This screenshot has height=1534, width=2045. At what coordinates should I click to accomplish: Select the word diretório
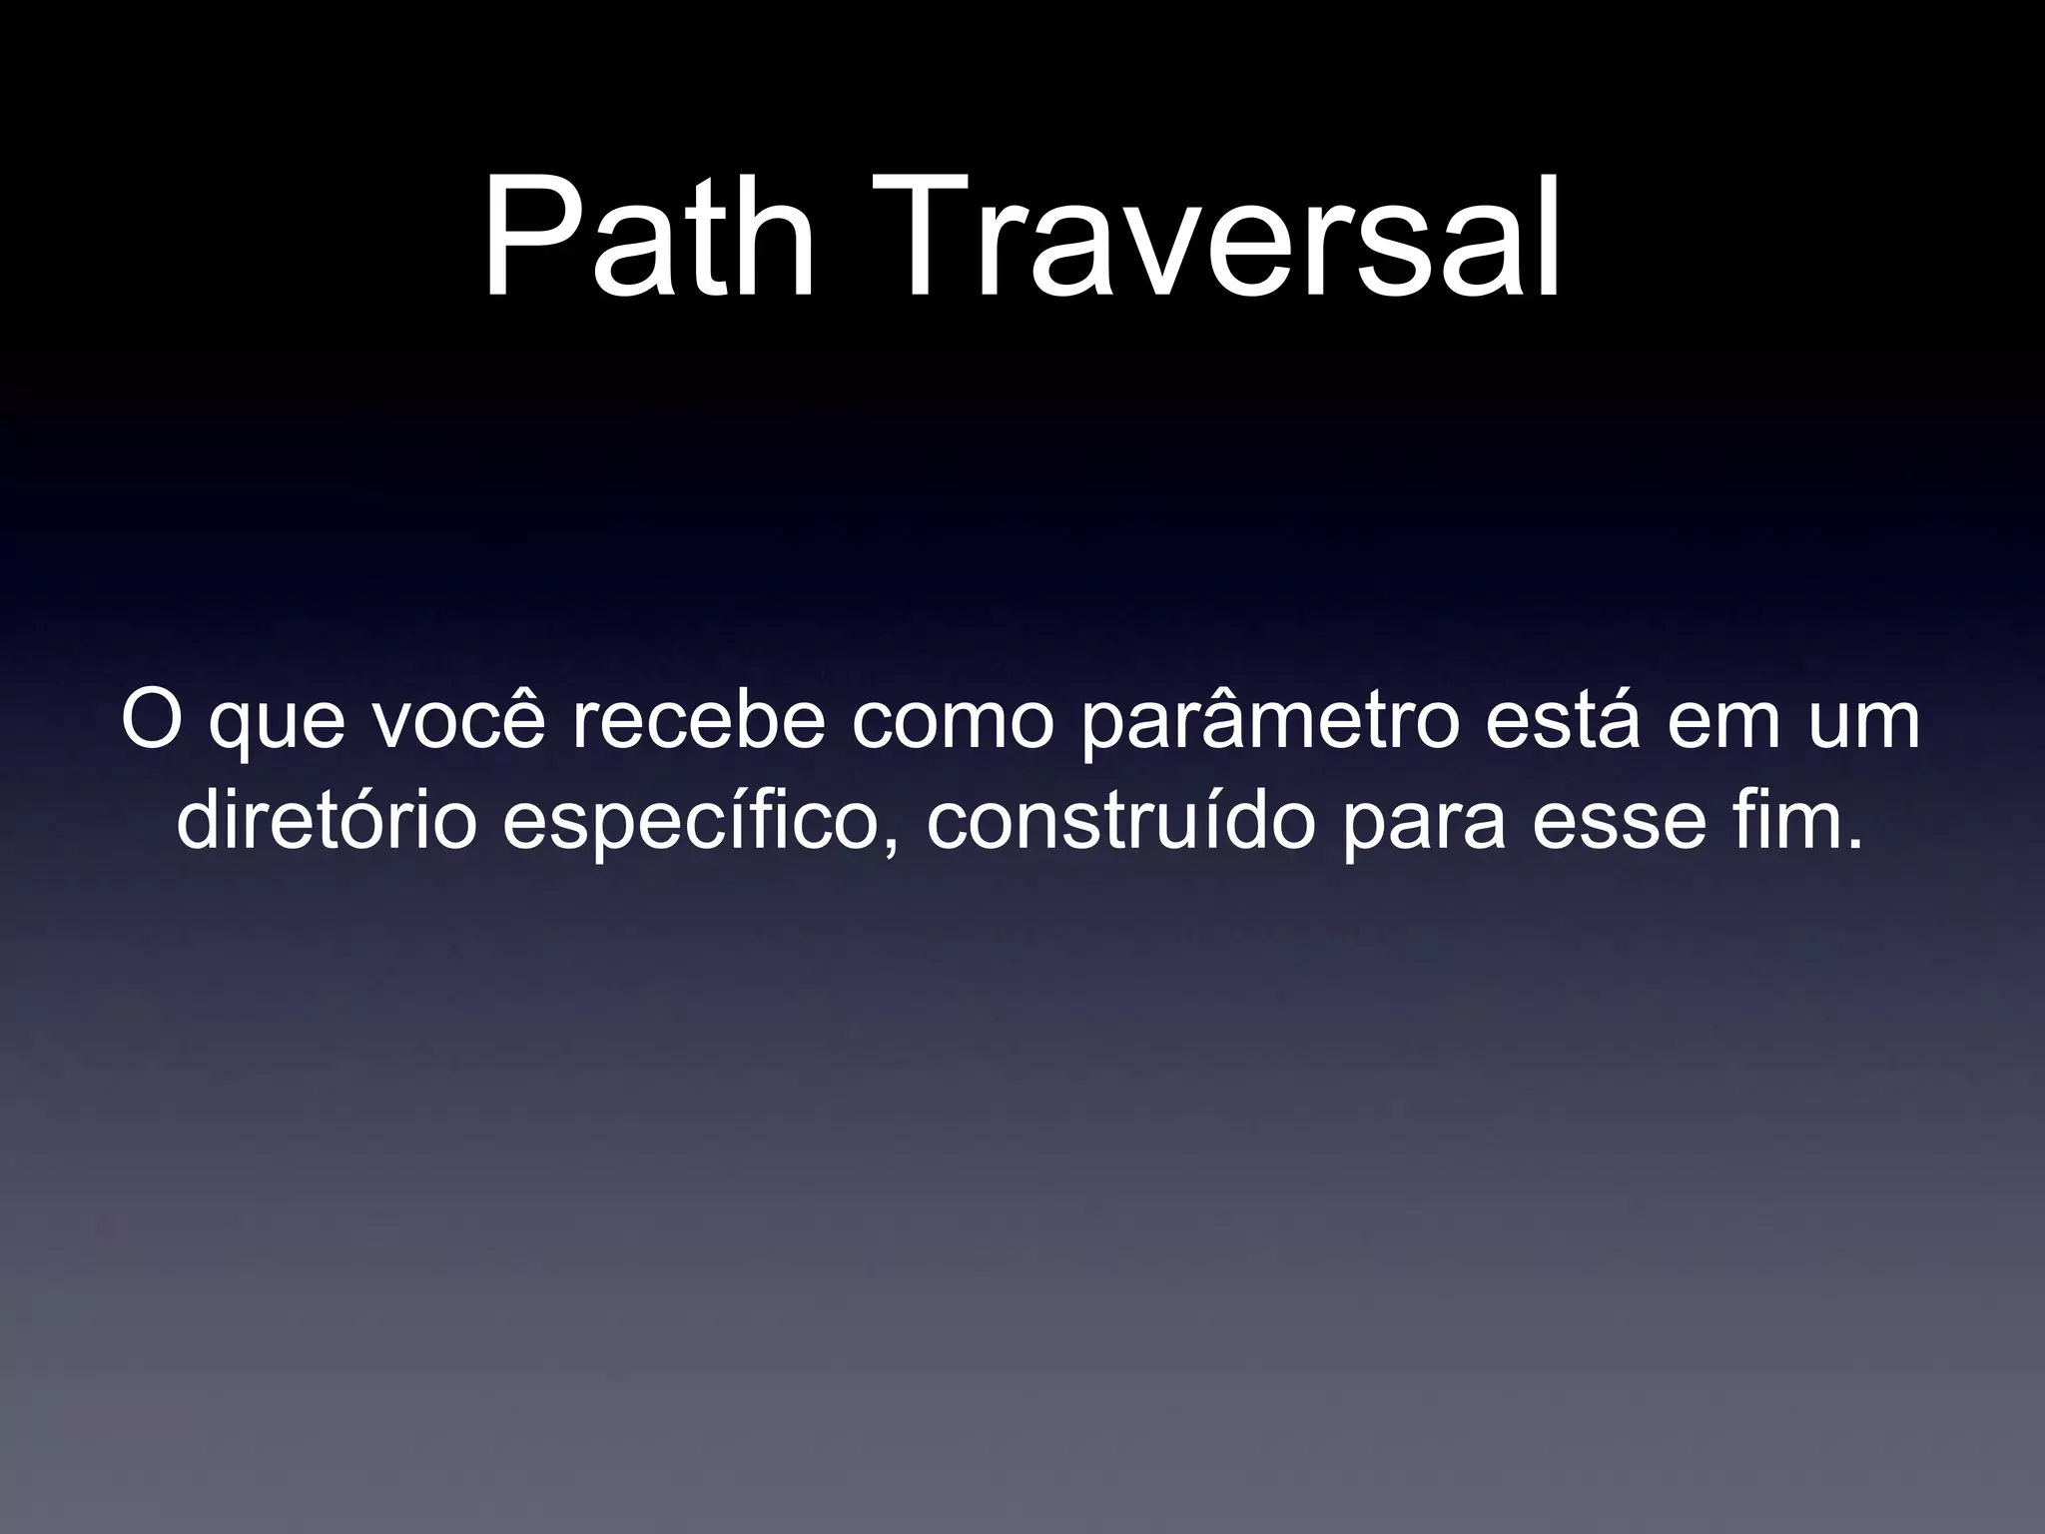327,822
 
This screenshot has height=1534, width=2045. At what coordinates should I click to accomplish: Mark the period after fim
1853,845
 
